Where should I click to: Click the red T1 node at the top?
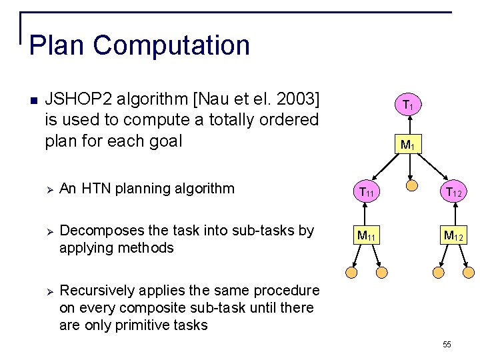point(411,105)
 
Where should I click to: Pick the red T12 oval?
point(453,193)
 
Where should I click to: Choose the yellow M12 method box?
point(453,235)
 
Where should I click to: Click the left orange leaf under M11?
point(351,272)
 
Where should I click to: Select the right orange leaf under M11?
point(382,272)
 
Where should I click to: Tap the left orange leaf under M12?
point(439,272)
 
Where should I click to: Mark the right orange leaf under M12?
point(469,272)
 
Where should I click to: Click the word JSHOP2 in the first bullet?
point(79,100)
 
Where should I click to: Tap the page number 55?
point(447,344)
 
